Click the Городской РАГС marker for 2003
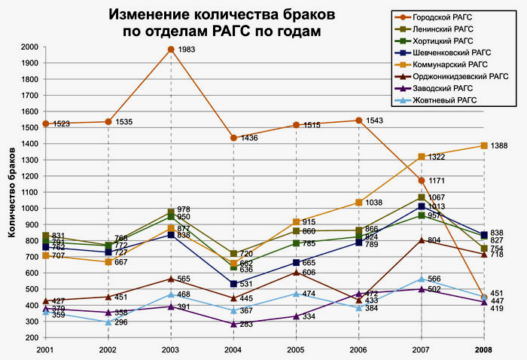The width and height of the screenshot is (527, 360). click(x=172, y=50)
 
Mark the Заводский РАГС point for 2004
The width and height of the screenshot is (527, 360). click(x=234, y=323)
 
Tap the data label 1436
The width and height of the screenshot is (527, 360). click(x=250, y=139)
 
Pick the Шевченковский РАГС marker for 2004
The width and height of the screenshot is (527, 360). click(x=234, y=283)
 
